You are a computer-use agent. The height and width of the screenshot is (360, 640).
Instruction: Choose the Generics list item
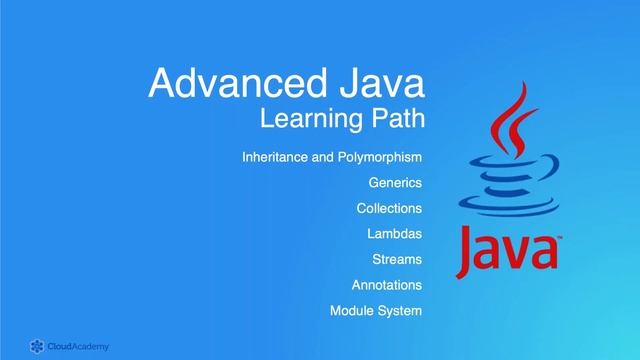tap(395, 183)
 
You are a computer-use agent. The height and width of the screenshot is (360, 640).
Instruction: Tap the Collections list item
tap(389, 208)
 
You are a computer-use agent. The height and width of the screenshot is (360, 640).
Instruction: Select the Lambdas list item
tap(395, 234)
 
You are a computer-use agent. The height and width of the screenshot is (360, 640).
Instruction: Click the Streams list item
tap(397, 260)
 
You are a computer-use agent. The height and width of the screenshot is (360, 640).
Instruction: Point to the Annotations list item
tap(387, 285)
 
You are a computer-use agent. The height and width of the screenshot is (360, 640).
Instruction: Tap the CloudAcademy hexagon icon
tap(36, 346)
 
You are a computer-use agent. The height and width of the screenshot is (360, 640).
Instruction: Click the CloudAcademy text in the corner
tap(79, 346)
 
